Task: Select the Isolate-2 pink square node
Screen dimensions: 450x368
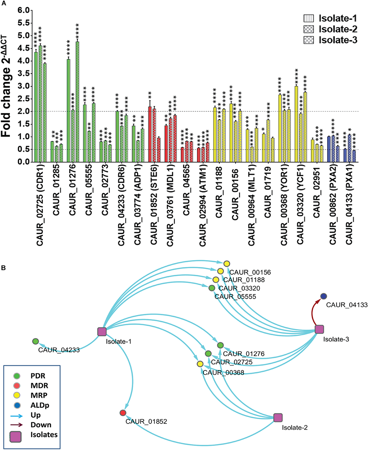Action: (x=278, y=417)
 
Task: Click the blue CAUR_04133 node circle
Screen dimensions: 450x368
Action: (x=323, y=296)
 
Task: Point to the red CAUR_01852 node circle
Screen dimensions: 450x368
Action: (x=123, y=413)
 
